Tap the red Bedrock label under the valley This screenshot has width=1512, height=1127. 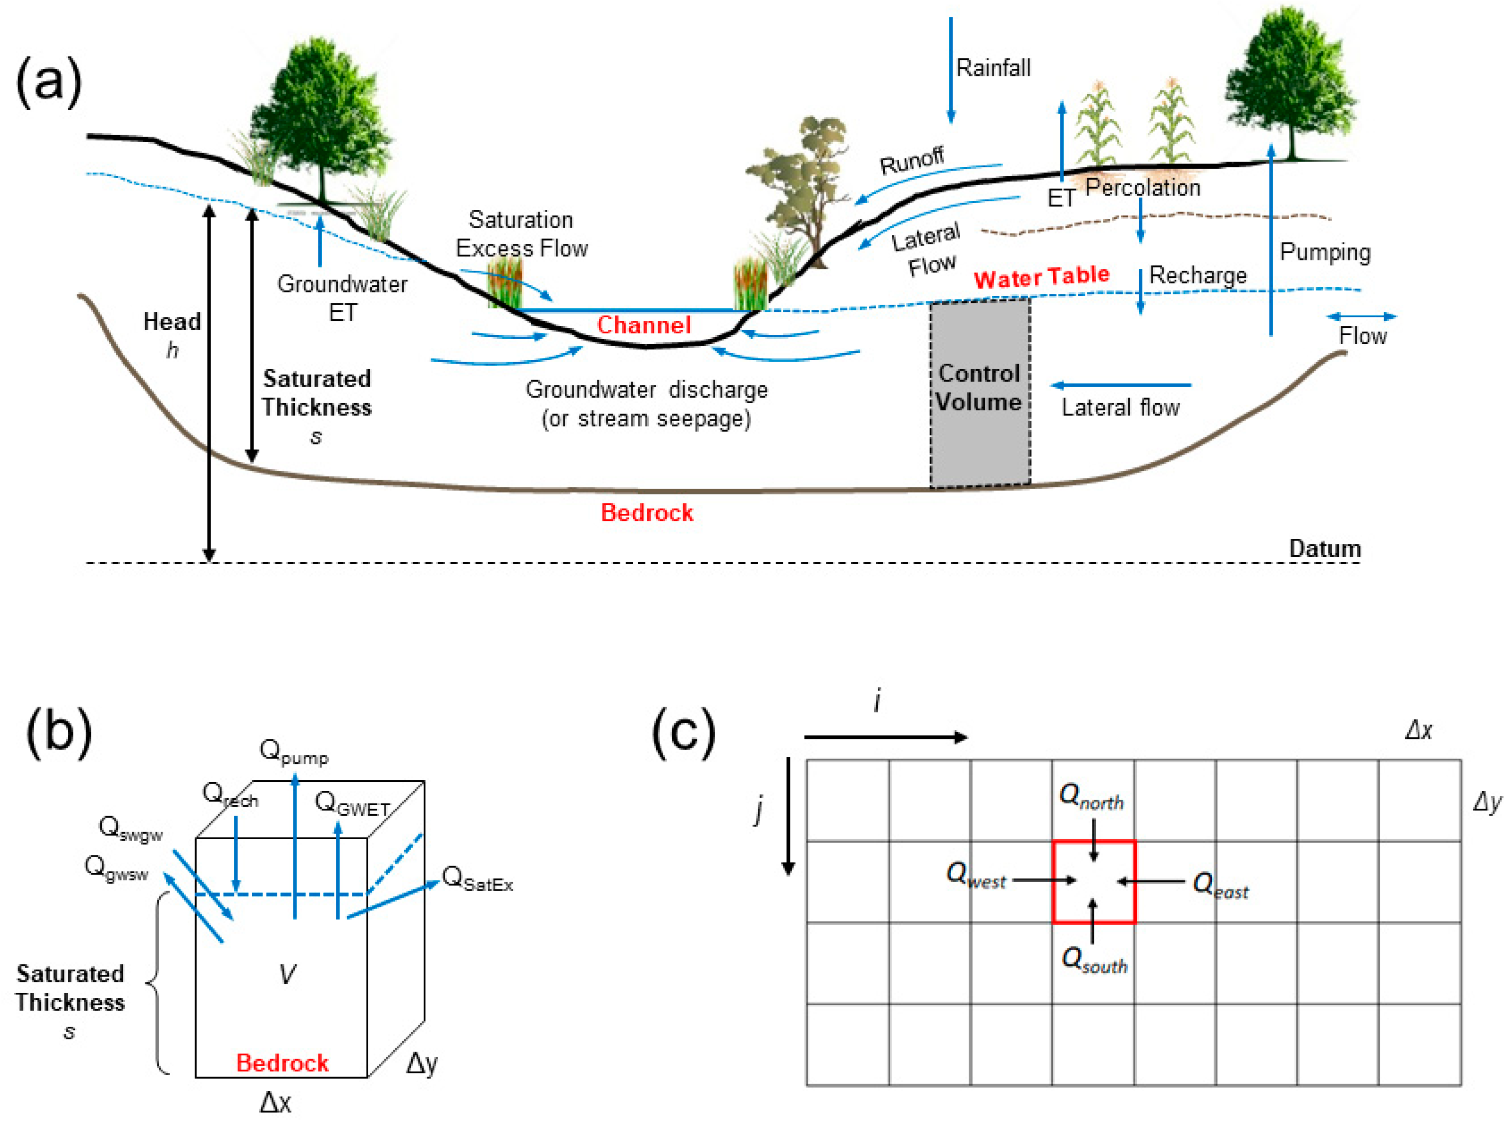click(x=646, y=512)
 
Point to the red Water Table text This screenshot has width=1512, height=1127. click(x=1041, y=276)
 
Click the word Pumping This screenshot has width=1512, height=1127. click(x=1324, y=252)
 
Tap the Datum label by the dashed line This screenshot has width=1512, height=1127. click(x=1324, y=548)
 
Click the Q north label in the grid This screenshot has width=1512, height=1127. click(x=1090, y=797)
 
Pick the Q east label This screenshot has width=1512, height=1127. click(x=1220, y=886)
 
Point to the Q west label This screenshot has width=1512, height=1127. click(x=975, y=875)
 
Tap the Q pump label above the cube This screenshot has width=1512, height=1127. click(x=293, y=752)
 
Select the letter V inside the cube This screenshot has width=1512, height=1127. click(x=287, y=973)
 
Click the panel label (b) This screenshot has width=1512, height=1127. click(x=59, y=732)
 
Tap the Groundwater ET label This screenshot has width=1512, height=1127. click(x=342, y=297)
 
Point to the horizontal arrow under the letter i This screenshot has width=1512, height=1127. click(x=885, y=737)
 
